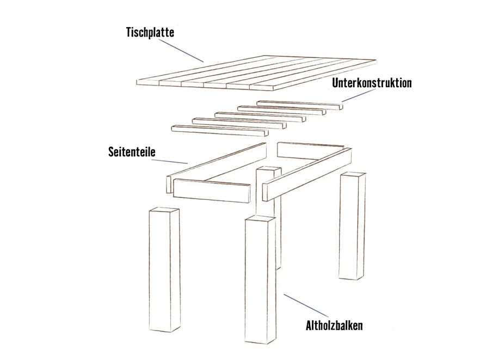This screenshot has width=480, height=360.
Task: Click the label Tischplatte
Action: click(x=150, y=33)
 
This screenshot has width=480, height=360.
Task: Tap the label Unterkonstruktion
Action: click(x=372, y=83)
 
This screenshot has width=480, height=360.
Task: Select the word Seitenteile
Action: click(x=132, y=151)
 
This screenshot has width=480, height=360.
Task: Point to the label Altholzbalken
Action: click(x=334, y=325)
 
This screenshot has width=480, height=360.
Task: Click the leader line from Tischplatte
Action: click(x=181, y=50)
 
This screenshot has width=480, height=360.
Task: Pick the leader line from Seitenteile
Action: click(x=170, y=161)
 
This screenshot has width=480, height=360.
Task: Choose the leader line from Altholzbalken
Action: click(x=306, y=306)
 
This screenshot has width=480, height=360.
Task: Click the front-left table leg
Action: click(x=164, y=270)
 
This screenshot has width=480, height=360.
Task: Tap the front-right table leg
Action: click(x=260, y=280)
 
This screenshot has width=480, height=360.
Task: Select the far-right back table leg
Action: click(x=352, y=226)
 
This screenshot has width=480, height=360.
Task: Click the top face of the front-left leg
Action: click(x=164, y=211)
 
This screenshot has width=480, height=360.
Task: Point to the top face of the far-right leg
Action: click(x=353, y=175)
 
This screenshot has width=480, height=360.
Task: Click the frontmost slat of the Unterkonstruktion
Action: click(x=220, y=130)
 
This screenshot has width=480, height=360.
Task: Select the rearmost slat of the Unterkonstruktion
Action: click(x=300, y=105)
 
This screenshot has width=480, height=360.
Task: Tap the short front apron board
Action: click(x=212, y=191)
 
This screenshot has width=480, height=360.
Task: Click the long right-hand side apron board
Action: click(x=307, y=174)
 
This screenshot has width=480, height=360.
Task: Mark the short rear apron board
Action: click(x=311, y=151)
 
